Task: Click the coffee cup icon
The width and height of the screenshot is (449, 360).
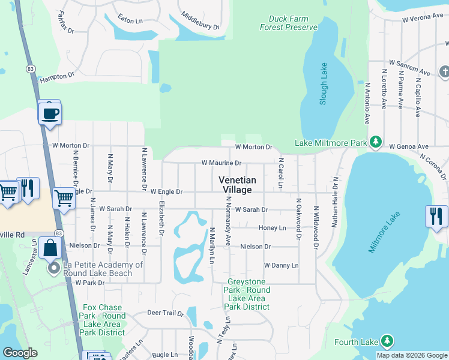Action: click(50, 113)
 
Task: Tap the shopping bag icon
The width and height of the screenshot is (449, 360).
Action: click(50, 247)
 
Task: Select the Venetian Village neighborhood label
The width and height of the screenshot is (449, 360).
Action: click(237, 185)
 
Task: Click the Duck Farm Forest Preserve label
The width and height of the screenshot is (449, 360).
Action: click(288, 23)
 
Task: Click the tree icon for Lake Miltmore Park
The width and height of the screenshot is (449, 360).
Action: click(376, 142)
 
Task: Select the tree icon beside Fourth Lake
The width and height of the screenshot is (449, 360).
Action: click(387, 341)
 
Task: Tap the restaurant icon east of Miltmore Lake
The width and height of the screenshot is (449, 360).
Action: click(436, 215)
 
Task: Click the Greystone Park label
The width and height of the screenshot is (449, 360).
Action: click(249, 294)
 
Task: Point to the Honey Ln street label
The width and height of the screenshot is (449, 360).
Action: click(272, 228)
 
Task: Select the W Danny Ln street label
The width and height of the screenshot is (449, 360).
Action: click(281, 265)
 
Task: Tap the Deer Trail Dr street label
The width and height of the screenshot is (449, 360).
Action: click(165, 313)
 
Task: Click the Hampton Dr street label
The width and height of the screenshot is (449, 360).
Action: click(57, 77)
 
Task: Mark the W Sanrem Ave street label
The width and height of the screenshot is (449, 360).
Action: click(410, 62)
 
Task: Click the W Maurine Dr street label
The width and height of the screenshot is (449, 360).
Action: click(221, 163)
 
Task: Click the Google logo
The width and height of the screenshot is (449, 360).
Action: click(20, 352)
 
